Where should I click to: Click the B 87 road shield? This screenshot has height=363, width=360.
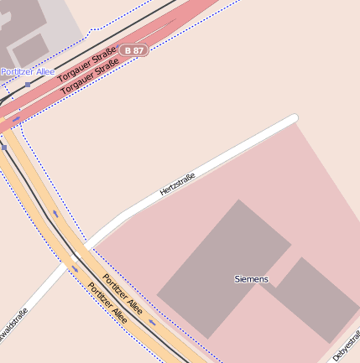click(x=133, y=50)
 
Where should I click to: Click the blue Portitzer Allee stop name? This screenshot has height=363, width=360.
click(x=27, y=72)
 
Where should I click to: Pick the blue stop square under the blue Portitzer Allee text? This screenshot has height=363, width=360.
click(x=28, y=84)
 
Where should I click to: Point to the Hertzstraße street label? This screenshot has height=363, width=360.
click(x=177, y=184)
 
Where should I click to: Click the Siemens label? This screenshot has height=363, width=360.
click(x=252, y=278)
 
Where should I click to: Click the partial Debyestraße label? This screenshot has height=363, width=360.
click(x=347, y=345)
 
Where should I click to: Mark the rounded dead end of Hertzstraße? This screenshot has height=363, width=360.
click(x=293, y=120)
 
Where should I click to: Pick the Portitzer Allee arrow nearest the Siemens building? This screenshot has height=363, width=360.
click(x=153, y=322)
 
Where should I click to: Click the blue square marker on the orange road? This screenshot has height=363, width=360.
click(x=4, y=148)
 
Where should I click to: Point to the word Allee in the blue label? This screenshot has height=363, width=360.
click(x=43, y=72)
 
